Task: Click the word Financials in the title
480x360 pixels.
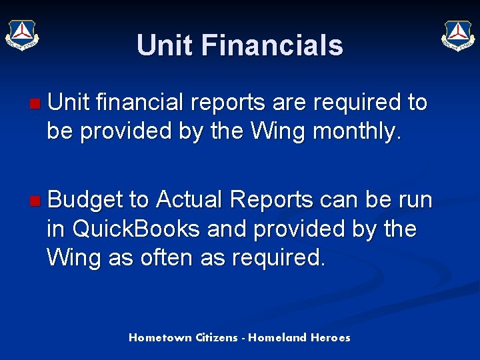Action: [271, 46]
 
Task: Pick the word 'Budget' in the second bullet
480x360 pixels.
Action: [85, 200]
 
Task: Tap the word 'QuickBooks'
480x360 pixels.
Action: [135, 229]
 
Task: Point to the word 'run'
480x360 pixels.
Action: [414, 200]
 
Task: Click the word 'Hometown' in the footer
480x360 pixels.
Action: [161, 337]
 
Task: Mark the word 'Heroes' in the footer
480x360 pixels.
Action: [330, 337]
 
